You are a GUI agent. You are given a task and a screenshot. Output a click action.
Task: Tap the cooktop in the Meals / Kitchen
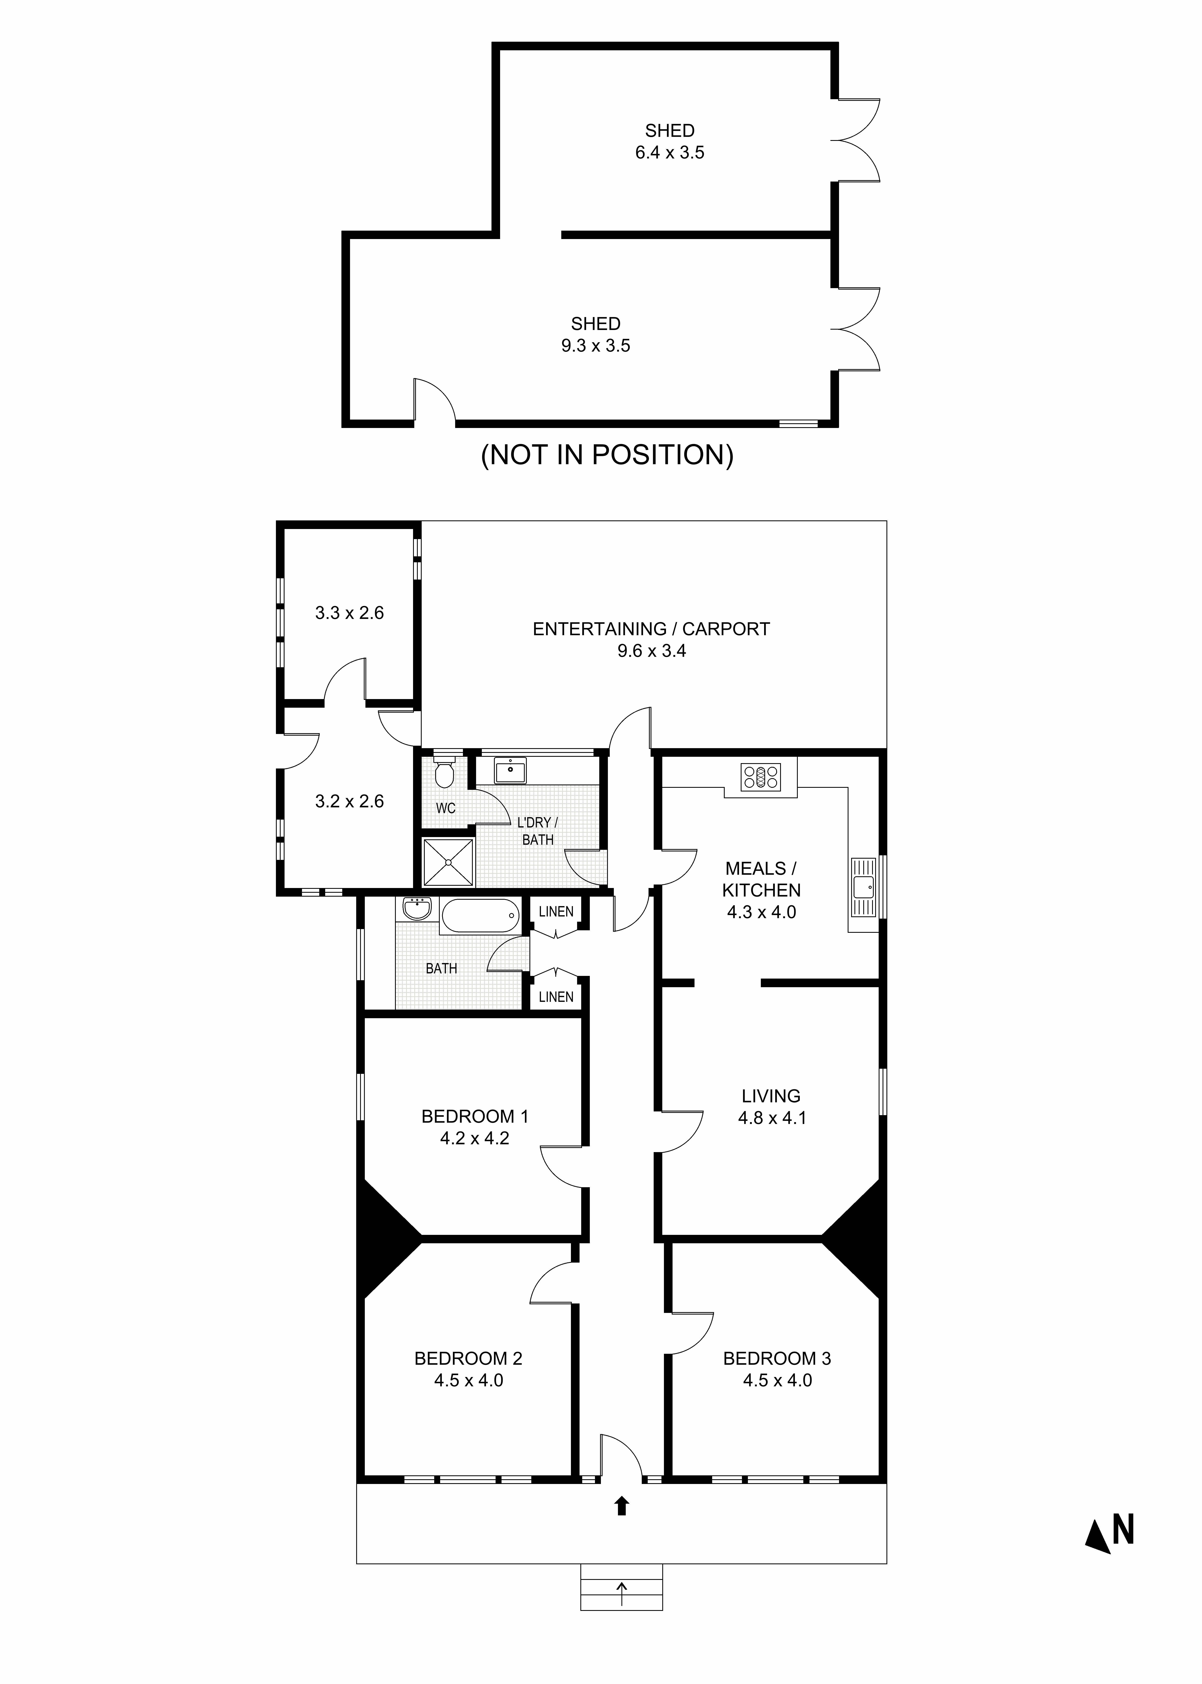click(760, 776)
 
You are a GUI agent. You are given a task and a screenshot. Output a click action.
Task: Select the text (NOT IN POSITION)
click(607, 454)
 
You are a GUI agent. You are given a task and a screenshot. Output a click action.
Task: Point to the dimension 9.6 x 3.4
click(651, 651)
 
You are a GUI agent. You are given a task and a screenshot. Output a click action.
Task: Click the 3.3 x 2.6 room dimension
click(349, 613)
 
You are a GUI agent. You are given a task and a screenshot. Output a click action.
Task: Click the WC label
click(445, 808)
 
